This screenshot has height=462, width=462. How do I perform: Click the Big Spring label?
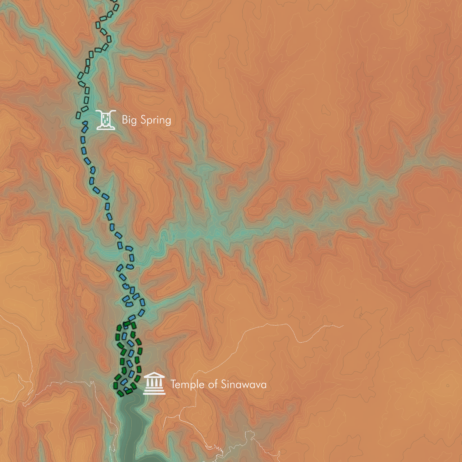coord(146,120)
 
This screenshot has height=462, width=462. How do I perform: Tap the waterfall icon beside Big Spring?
coord(105,120)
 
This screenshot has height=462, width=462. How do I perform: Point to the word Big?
coord(129,120)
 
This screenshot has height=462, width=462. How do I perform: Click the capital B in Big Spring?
coord(125,120)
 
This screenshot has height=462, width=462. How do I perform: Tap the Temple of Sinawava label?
coord(218,384)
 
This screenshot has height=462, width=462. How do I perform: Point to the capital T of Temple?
coord(173,384)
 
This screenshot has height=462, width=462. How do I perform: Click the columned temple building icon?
coord(154,384)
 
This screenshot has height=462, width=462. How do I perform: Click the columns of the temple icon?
coord(154,384)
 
